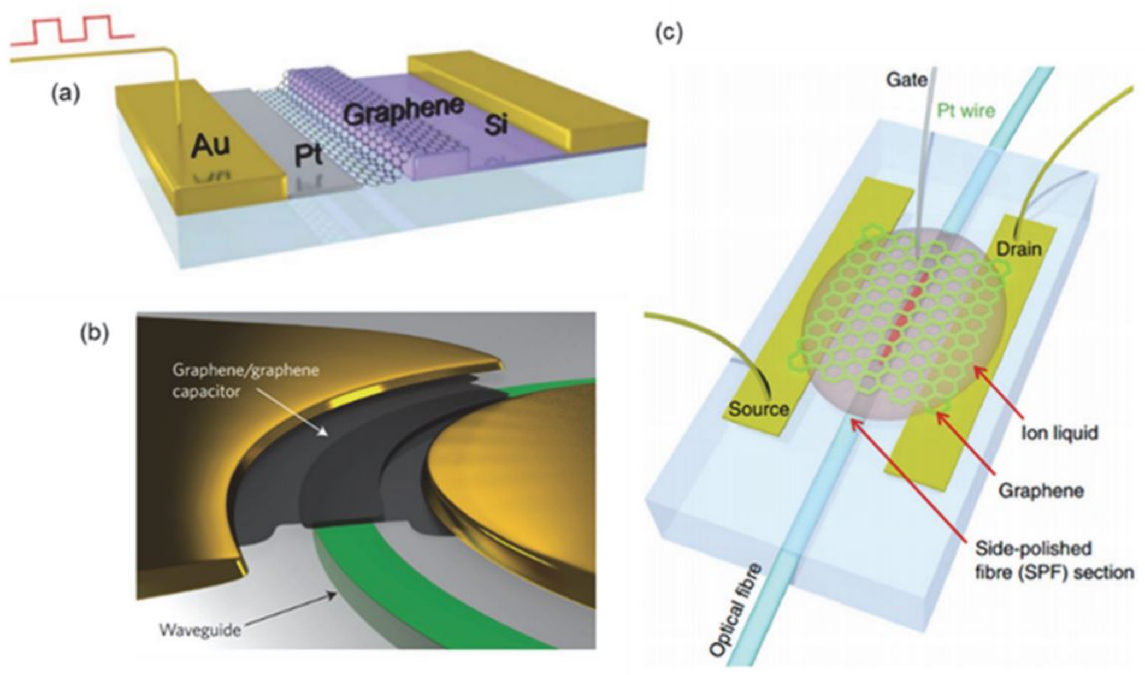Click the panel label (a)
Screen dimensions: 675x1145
coord(66,94)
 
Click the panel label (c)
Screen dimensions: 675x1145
coord(669,33)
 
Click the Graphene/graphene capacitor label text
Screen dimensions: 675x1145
coord(245,381)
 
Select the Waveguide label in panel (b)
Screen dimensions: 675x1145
coord(200,630)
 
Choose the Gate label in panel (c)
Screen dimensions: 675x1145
coord(906,80)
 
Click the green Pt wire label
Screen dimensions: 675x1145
coord(966,111)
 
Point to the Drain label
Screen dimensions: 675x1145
coord(1019,249)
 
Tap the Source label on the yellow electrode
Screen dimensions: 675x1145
coord(758,409)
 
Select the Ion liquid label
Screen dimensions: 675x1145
coord(1059,433)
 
